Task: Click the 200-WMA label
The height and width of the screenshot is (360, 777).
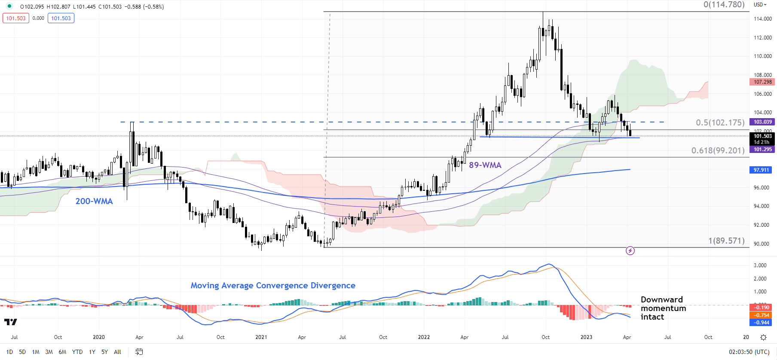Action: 94,201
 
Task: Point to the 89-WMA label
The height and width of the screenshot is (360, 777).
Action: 485,165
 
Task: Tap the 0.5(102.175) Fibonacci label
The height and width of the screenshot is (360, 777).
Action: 720,122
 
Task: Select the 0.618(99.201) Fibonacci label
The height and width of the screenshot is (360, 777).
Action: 718,150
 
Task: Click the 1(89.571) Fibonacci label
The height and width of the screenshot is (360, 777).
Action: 726,241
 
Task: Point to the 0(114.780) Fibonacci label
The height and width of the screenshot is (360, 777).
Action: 724,5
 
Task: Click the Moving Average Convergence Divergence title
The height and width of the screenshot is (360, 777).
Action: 273,286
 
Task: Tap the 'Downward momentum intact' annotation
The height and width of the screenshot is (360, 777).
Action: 663,308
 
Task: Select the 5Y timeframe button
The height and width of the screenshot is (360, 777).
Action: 104,352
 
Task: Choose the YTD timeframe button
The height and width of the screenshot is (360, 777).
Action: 77,352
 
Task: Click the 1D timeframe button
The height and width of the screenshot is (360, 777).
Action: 9,352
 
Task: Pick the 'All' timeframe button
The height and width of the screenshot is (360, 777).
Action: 117,352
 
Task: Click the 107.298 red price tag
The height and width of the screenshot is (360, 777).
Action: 762,82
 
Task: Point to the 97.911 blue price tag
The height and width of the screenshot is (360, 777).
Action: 761,170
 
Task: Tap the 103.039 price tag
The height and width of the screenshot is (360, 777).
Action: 762,122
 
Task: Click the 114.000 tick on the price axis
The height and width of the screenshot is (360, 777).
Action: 763,19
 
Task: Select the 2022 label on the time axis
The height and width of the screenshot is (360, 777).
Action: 424,337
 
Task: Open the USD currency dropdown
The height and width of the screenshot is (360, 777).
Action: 760,5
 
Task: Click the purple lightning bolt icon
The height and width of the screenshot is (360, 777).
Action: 630,250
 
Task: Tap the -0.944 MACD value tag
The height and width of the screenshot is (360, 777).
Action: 762,323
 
